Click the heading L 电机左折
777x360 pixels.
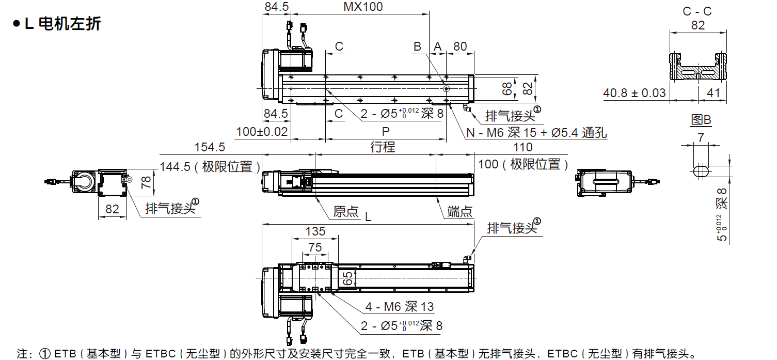57,24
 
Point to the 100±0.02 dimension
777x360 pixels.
261,131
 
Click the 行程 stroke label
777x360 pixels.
383,147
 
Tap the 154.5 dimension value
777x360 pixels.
209,147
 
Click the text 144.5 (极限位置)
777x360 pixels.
210,166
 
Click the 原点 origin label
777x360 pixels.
345,212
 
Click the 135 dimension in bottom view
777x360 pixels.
315,230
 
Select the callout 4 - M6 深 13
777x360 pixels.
400,307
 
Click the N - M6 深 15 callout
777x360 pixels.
536,133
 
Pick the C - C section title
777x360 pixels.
697,11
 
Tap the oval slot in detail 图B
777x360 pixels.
701,171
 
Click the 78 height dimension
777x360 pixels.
146,181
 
